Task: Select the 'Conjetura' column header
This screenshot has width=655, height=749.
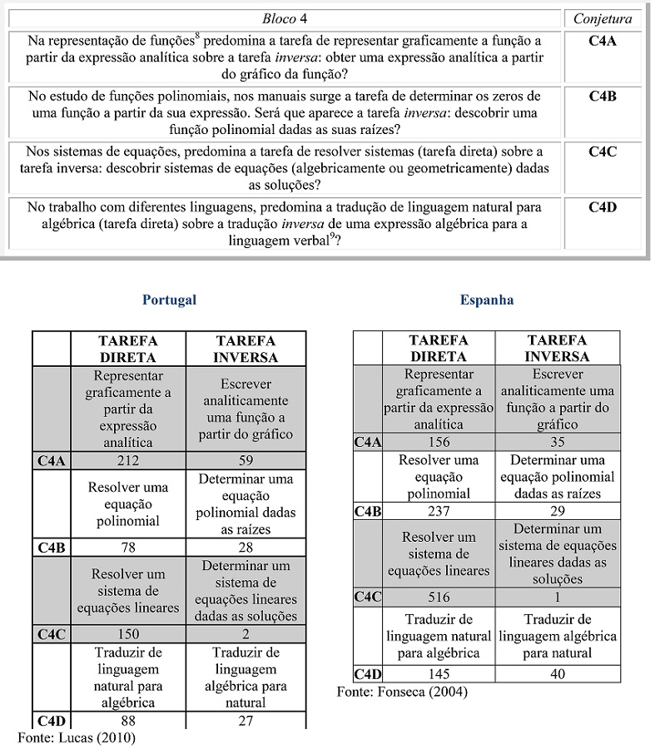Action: [x=603, y=18]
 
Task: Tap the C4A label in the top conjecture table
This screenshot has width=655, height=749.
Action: [x=603, y=40]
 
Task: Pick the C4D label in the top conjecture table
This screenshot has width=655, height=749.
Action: [x=603, y=207]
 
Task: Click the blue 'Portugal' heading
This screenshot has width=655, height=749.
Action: [x=169, y=300]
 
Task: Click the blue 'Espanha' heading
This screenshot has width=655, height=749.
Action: [x=487, y=300]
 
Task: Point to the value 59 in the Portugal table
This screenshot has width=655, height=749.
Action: [x=246, y=459]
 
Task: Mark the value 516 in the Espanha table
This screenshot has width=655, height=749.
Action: [x=438, y=598]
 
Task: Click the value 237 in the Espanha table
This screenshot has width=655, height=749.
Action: [x=438, y=511]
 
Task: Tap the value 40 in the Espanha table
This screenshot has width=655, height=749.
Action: [x=557, y=674]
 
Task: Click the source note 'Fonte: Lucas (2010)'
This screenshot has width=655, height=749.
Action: [x=76, y=737]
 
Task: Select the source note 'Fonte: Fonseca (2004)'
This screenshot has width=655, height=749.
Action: [x=402, y=692]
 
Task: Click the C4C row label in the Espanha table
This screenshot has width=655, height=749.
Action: [x=368, y=598]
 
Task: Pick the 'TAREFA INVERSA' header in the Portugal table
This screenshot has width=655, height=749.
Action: [x=246, y=350]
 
